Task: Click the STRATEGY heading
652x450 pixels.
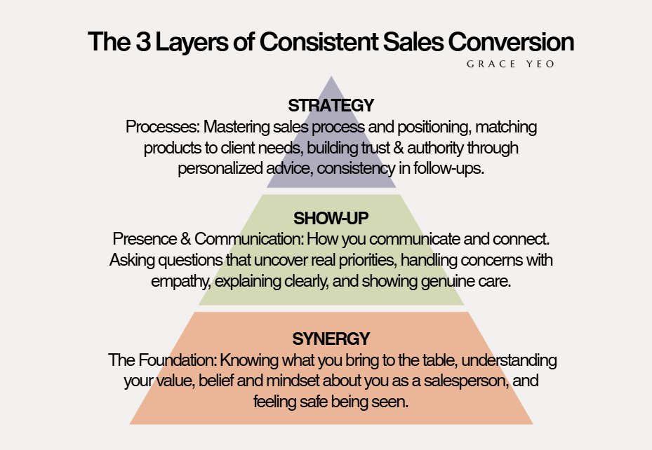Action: pos(331,105)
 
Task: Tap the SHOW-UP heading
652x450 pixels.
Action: pos(331,219)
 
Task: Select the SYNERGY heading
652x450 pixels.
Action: pos(331,339)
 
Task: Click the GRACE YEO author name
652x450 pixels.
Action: pos(510,64)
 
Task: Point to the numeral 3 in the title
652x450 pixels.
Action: pos(143,42)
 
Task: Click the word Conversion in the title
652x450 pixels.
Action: pos(511,42)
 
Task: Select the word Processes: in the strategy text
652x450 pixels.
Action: pos(163,127)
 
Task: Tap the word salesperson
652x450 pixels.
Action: pos(466,381)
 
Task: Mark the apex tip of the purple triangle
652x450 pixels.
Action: pos(331,76)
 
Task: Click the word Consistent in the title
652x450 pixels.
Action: pos(319,42)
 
